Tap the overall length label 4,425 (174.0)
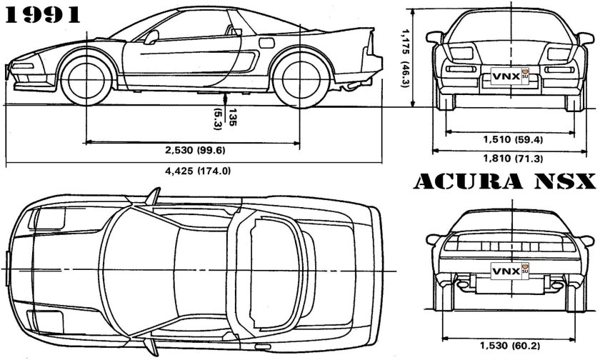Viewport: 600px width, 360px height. point(191,171)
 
